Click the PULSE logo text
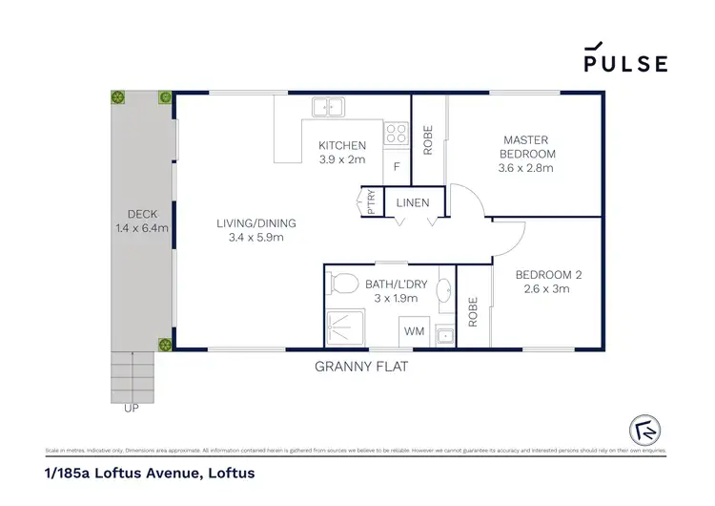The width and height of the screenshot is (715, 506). tap(625, 62)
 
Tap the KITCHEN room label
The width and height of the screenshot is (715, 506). tap(341, 146)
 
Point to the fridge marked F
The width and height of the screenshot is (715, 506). tap(396, 167)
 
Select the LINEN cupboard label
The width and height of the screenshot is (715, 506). tap(413, 202)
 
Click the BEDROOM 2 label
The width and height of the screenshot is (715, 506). tap(548, 276)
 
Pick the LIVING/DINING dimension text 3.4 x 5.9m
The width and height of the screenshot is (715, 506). tap(256, 238)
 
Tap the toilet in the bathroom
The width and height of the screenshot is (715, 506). tap(341, 284)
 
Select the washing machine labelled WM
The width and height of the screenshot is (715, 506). tap(414, 331)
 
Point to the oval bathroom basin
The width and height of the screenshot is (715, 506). tap(443, 290)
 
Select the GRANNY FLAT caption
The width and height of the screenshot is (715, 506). tap(361, 366)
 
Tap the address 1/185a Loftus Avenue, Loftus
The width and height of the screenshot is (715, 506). tap(149, 473)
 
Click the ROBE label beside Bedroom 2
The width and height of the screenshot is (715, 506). tap(473, 312)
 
